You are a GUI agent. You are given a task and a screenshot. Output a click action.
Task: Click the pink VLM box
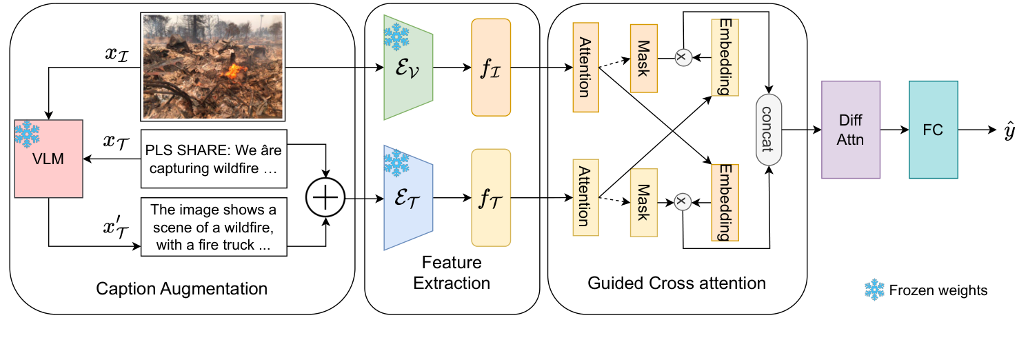tap(48, 160)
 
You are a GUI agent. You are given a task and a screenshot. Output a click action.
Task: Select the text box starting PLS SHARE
tap(214, 159)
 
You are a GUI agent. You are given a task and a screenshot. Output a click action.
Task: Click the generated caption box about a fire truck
tap(214, 226)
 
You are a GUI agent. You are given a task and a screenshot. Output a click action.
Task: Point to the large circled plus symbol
tap(325, 199)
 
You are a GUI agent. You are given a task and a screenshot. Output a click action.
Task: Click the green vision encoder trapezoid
tap(407, 67)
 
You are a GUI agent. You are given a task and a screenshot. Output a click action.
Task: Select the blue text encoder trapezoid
tap(407, 199)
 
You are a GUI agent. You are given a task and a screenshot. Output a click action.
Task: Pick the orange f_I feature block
tap(491, 67)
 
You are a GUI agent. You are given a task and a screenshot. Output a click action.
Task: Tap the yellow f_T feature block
tap(491, 199)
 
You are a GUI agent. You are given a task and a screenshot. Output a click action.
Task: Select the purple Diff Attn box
tap(851, 130)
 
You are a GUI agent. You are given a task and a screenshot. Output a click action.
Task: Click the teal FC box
tap(934, 130)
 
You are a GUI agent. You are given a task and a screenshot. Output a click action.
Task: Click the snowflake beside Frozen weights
tap(874, 290)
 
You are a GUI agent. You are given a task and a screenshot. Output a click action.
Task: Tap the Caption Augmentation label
tap(181, 288)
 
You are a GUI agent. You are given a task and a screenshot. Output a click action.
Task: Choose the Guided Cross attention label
tap(676, 283)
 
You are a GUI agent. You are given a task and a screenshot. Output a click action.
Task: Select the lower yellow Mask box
tap(643, 199)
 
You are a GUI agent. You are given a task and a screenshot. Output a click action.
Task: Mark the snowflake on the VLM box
tap(26, 134)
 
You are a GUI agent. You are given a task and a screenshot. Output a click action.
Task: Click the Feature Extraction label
tap(452, 272)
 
